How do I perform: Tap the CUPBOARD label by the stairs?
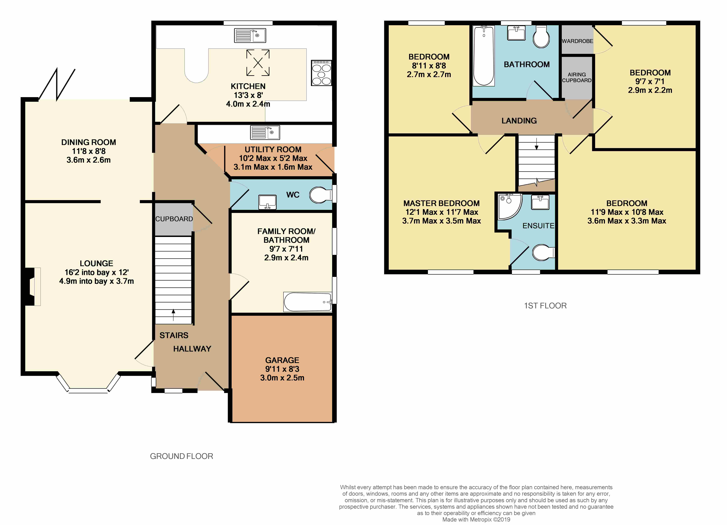tap(174, 219)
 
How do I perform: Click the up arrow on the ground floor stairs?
tap(173, 315)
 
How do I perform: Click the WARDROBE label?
tap(577, 41)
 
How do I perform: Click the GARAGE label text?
tap(282, 360)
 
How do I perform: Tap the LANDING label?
tap(519, 121)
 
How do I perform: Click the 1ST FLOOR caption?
tap(545, 306)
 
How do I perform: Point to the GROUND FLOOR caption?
tap(181, 456)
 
